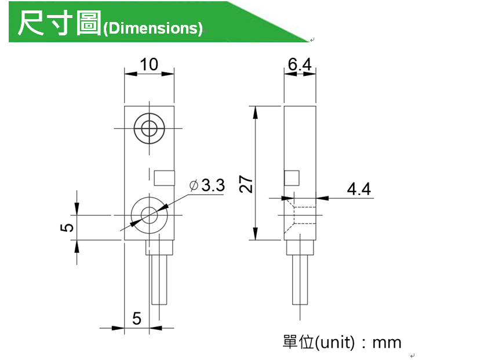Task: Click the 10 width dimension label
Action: tap(149, 64)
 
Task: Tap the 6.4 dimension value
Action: tap(300, 64)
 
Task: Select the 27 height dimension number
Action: tap(246, 184)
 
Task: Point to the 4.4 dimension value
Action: tap(359, 189)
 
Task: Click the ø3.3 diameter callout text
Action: tap(207, 185)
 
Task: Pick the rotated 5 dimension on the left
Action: tap(67, 228)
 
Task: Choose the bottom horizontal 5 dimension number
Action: tap(137, 319)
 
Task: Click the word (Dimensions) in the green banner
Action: tap(152, 28)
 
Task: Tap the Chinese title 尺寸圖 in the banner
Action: tap(59, 23)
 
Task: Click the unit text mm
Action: tap(387, 343)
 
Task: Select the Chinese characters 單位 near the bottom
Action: tap(298, 342)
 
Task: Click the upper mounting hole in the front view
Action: tap(149, 128)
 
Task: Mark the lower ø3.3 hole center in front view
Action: tap(149, 215)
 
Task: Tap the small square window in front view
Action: tap(164, 178)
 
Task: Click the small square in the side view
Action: tap(292, 178)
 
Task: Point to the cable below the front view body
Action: tap(159, 279)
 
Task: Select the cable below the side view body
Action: tap(300, 279)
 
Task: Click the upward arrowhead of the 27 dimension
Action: tap(256, 112)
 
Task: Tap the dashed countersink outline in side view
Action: tap(300, 216)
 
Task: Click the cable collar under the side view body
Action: tap(300, 248)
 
